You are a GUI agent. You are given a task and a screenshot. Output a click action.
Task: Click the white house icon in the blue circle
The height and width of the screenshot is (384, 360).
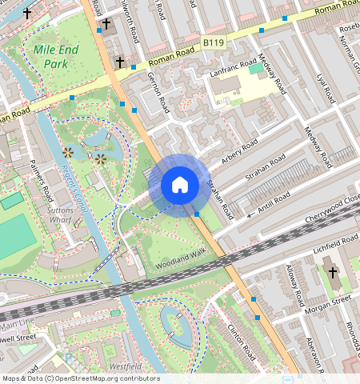(180, 186)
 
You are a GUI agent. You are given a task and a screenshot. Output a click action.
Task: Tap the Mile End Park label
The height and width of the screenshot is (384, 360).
(56, 56)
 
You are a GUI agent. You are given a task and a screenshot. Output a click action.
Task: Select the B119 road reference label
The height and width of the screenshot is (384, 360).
(213, 42)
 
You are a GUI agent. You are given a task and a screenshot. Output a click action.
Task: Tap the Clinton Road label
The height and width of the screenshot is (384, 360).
(240, 339)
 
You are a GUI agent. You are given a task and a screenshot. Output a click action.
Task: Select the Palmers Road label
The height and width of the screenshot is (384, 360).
(41, 180)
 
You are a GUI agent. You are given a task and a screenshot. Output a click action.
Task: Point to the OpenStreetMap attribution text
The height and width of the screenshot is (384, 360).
(80, 378)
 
